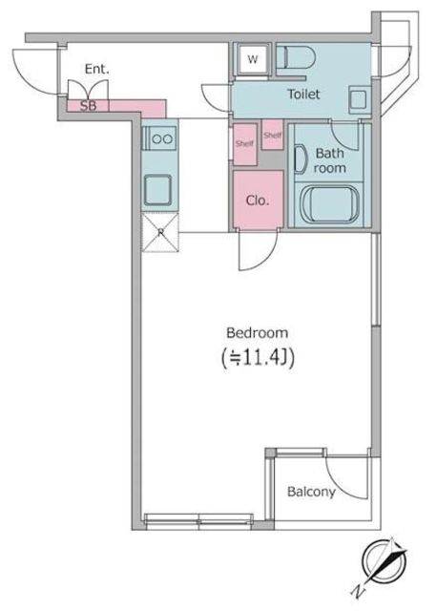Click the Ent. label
click(97, 70)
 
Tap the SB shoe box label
click(88, 106)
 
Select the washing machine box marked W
click(253, 59)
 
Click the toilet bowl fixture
click(295, 57)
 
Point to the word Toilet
click(303, 94)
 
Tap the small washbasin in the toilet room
click(358, 99)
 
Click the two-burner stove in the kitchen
click(160, 137)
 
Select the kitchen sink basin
click(157, 190)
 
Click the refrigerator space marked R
click(160, 232)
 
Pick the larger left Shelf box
click(245, 144)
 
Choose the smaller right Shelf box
click(272, 135)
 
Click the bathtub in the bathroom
click(330, 204)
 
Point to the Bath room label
click(330, 160)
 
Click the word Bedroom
click(258, 333)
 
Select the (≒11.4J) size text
click(258, 358)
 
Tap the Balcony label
click(311, 492)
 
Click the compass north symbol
click(384, 561)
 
